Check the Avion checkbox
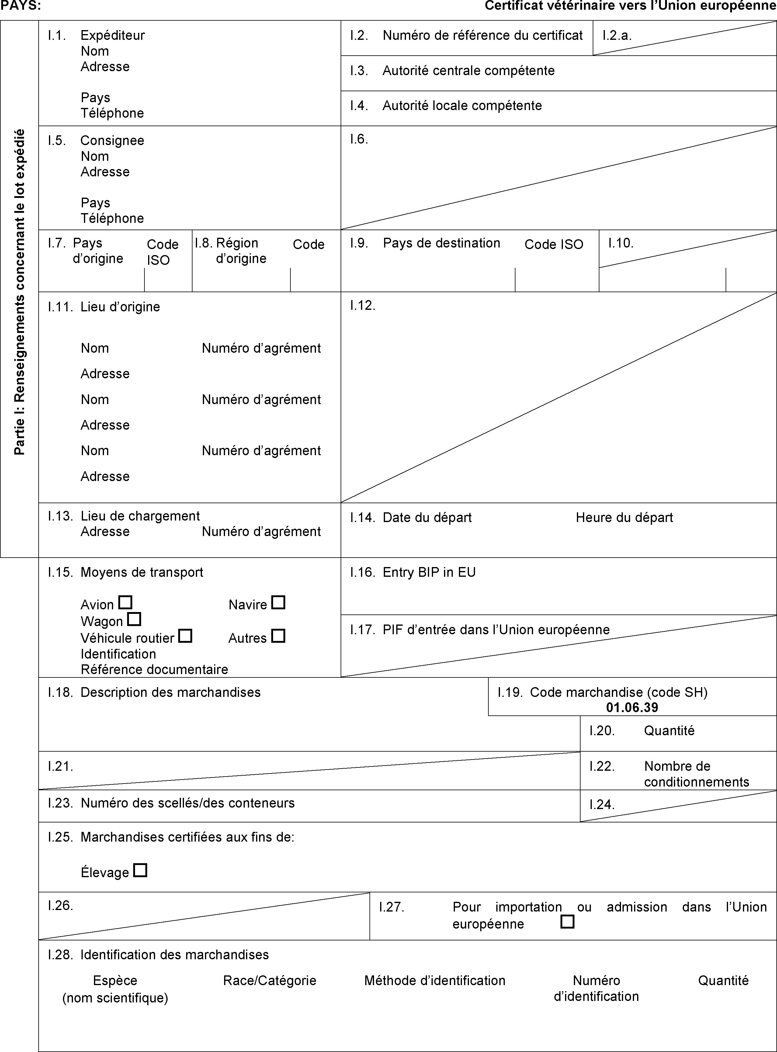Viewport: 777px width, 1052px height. (x=125, y=602)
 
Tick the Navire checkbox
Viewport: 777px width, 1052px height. (x=279, y=602)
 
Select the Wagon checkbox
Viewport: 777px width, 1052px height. (x=134, y=619)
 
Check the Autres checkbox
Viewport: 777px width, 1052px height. (x=279, y=636)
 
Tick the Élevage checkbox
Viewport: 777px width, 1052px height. (x=140, y=870)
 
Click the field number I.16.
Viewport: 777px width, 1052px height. (x=362, y=572)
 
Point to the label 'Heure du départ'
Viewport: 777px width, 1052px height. (x=624, y=517)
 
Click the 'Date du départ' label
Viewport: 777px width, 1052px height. (x=427, y=517)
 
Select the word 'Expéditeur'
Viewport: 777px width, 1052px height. (x=113, y=35)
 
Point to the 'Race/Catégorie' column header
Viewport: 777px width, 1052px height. (x=269, y=981)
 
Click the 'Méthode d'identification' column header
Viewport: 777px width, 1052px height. (x=435, y=981)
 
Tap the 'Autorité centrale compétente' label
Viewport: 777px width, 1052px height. (x=468, y=71)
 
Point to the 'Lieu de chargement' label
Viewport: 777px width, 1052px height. (x=140, y=516)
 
